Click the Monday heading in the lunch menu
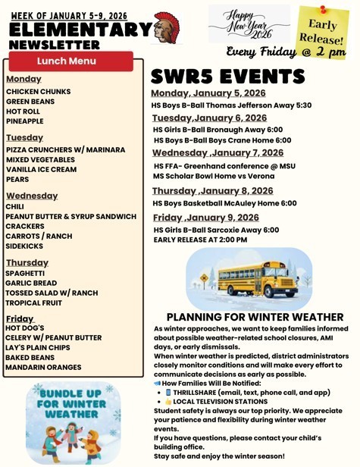(23, 79)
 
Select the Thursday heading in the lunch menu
(27, 262)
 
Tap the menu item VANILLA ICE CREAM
(41, 170)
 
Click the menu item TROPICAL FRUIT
(33, 302)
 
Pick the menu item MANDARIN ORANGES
(43, 368)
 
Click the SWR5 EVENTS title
(227, 77)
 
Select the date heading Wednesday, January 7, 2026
(218, 152)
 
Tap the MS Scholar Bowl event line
(214, 177)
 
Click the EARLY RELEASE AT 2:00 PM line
(200, 240)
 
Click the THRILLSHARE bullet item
(251, 393)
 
